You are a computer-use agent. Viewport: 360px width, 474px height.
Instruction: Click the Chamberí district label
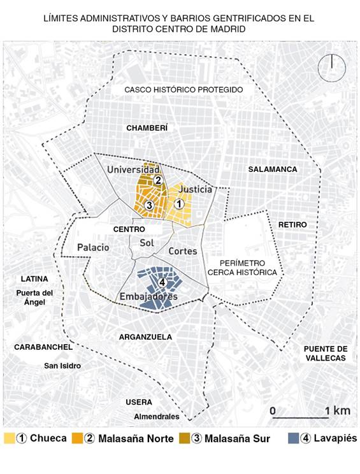point(147,128)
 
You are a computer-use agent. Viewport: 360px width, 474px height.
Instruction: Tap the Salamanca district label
point(273,169)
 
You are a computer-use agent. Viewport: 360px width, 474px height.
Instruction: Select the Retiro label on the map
point(292,225)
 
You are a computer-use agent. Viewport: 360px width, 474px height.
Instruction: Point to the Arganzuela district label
point(145,336)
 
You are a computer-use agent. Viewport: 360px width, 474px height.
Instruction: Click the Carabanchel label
point(40,347)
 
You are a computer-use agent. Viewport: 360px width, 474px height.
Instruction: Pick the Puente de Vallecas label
point(325,353)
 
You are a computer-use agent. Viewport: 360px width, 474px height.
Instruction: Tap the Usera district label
point(139,402)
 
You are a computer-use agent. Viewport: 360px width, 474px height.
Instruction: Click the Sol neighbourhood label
point(147,243)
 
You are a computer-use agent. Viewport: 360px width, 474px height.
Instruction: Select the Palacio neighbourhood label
point(93,247)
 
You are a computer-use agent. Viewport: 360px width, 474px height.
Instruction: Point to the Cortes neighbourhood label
point(182,252)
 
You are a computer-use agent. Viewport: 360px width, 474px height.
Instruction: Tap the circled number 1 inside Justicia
point(180,204)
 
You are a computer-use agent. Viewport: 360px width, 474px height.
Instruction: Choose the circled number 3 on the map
point(148,205)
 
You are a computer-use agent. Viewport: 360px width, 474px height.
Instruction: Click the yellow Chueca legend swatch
point(9,438)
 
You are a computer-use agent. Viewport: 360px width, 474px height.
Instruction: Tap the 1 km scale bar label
point(337,411)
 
